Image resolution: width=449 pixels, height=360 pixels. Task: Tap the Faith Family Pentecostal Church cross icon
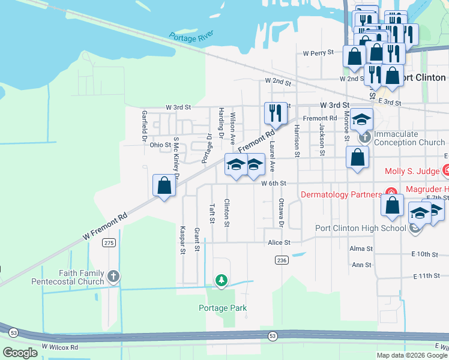113,277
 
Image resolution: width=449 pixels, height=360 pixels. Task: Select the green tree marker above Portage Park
222,280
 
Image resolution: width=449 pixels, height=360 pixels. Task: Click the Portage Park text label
223,308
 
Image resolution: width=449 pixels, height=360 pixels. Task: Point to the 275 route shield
109,242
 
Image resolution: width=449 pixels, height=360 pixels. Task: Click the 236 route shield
282,260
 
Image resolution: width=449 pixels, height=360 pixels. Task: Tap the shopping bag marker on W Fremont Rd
164,186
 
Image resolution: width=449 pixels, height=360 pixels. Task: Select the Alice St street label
279,242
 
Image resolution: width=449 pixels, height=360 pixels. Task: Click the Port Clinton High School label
360,228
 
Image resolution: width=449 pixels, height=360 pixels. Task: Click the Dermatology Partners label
340,194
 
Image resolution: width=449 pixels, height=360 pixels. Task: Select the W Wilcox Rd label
60,347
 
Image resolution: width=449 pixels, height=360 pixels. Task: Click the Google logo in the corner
19,353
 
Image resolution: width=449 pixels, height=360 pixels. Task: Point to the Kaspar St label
182,240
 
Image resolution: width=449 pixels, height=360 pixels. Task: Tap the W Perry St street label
318,53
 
